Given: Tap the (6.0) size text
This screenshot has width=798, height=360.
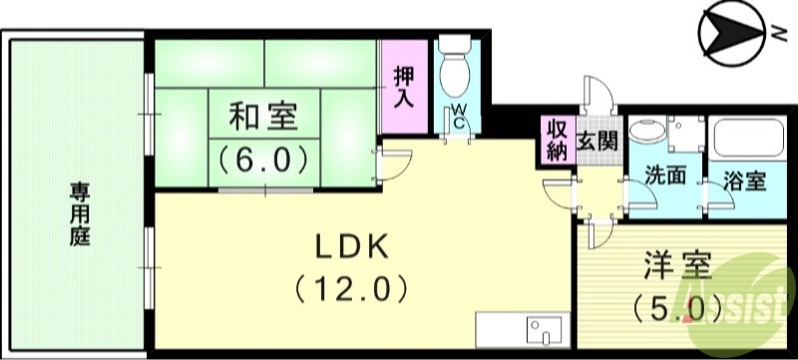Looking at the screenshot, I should point(263,158).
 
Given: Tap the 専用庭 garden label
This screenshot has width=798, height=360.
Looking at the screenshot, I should point(77,215).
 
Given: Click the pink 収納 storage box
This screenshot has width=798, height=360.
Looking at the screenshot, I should point(557,140).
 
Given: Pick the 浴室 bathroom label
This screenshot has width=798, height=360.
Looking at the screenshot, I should point(744,181).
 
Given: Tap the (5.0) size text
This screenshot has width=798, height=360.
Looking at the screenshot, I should point(678,307).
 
